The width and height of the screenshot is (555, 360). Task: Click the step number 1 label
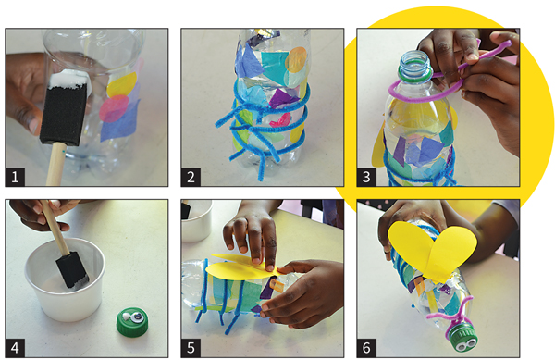(x=15, y=177)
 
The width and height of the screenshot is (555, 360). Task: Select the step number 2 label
(x=191, y=177)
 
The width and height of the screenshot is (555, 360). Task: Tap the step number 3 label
(x=366, y=177)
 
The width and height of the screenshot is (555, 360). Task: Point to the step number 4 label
(x=15, y=348)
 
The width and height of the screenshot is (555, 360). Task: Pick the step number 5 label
(x=191, y=348)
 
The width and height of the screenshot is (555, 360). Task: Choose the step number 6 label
(x=366, y=348)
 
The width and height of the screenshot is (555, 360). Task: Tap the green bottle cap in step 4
(x=132, y=322)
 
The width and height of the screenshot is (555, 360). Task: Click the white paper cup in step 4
(x=65, y=279)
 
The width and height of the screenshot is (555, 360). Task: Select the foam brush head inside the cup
(x=73, y=270)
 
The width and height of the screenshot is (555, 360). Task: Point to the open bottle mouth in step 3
(x=415, y=63)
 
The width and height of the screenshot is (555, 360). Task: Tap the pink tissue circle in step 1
(x=114, y=108)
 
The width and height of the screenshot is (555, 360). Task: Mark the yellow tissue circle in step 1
(x=122, y=85)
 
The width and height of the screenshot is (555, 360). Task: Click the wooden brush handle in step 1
(x=55, y=164)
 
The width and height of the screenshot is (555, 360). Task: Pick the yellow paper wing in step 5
(x=241, y=269)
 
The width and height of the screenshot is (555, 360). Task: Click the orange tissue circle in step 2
(x=296, y=60)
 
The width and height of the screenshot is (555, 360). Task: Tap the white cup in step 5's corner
(x=196, y=220)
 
